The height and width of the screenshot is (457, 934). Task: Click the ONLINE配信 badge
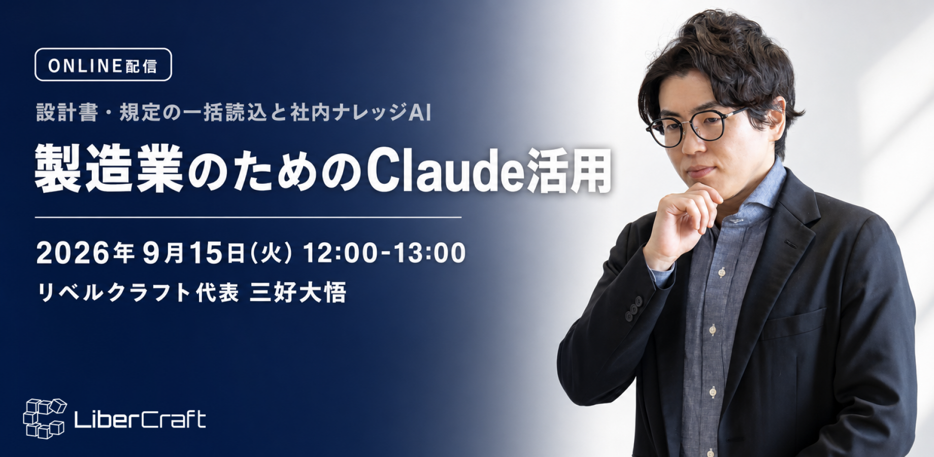point(103,64)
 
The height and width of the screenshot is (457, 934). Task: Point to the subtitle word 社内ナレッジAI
point(361,113)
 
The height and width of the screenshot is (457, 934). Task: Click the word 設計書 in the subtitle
point(66,113)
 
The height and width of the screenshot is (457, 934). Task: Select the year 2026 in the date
point(73,253)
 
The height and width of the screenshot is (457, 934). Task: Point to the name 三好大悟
point(298,292)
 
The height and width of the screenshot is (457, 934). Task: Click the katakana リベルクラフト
point(113,293)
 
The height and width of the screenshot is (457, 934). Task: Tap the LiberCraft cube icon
point(45,418)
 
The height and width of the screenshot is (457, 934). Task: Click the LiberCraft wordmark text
point(140,419)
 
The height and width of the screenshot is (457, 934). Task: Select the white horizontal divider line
point(248,217)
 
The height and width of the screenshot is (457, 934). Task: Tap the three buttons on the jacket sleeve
point(635,308)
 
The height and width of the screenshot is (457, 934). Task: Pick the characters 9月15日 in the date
point(194,253)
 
